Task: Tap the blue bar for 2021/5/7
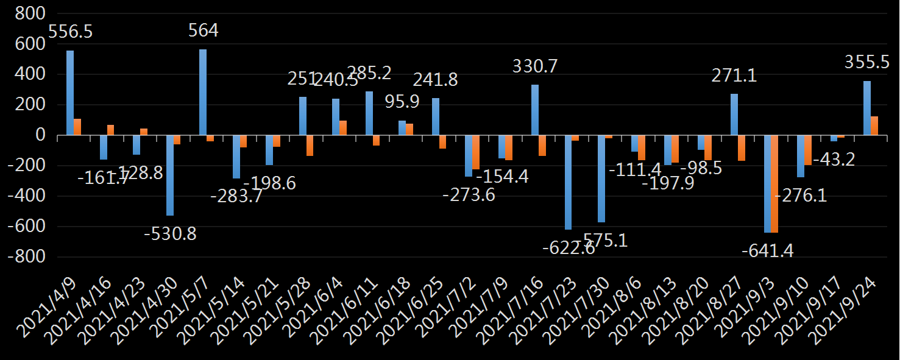pos(203,92)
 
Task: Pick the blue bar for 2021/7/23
pos(568,182)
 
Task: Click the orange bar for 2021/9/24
pos(874,125)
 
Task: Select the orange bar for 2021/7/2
pos(476,152)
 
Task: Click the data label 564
pos(203,30)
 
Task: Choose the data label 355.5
pos(867,62)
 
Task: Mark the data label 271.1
pos(734,76)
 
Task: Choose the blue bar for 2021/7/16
pos(535,110)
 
